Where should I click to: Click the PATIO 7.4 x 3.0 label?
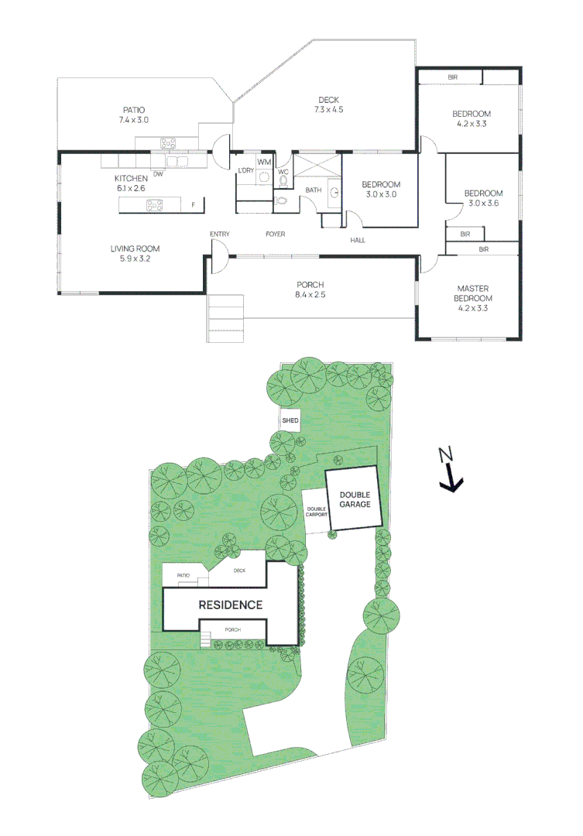point(133,115)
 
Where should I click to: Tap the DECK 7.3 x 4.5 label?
point(328,104)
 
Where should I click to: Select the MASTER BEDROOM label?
point(472,297)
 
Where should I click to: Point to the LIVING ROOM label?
point(134,254)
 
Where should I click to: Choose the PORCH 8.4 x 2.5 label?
point(310,289)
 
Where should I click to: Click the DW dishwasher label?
point(157,173)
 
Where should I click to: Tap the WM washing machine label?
point(264,162)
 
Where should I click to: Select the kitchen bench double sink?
point(177,161)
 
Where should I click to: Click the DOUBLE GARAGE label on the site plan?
point(353,499)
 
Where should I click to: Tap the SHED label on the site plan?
point(290,420)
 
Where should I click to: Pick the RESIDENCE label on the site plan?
point(231,605)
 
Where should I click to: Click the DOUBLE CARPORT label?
point(315,512)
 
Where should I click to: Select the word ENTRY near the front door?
point(220,234)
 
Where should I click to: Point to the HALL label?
point(358,240)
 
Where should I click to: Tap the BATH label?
point(313,190)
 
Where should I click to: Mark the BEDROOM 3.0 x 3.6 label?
point(483,198)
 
